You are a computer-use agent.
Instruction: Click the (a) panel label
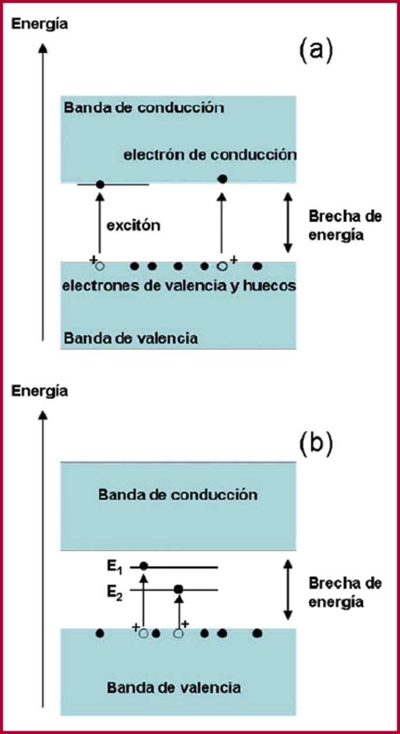(316, 51)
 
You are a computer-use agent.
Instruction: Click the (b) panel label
(316, 444)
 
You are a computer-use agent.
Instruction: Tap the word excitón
(133, 225)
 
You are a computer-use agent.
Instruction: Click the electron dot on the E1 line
(144, 566)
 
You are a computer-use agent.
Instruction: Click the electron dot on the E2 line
(179, 589)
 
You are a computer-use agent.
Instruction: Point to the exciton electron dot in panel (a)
(99, 185)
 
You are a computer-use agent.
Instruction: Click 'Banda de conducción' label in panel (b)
(178, 495)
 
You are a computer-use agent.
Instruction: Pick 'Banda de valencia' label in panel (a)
(131, 338)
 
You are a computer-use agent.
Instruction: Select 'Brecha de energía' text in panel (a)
(345, 226)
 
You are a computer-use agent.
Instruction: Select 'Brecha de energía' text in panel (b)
(345, 593)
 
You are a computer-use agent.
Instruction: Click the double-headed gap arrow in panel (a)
(287, 223)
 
